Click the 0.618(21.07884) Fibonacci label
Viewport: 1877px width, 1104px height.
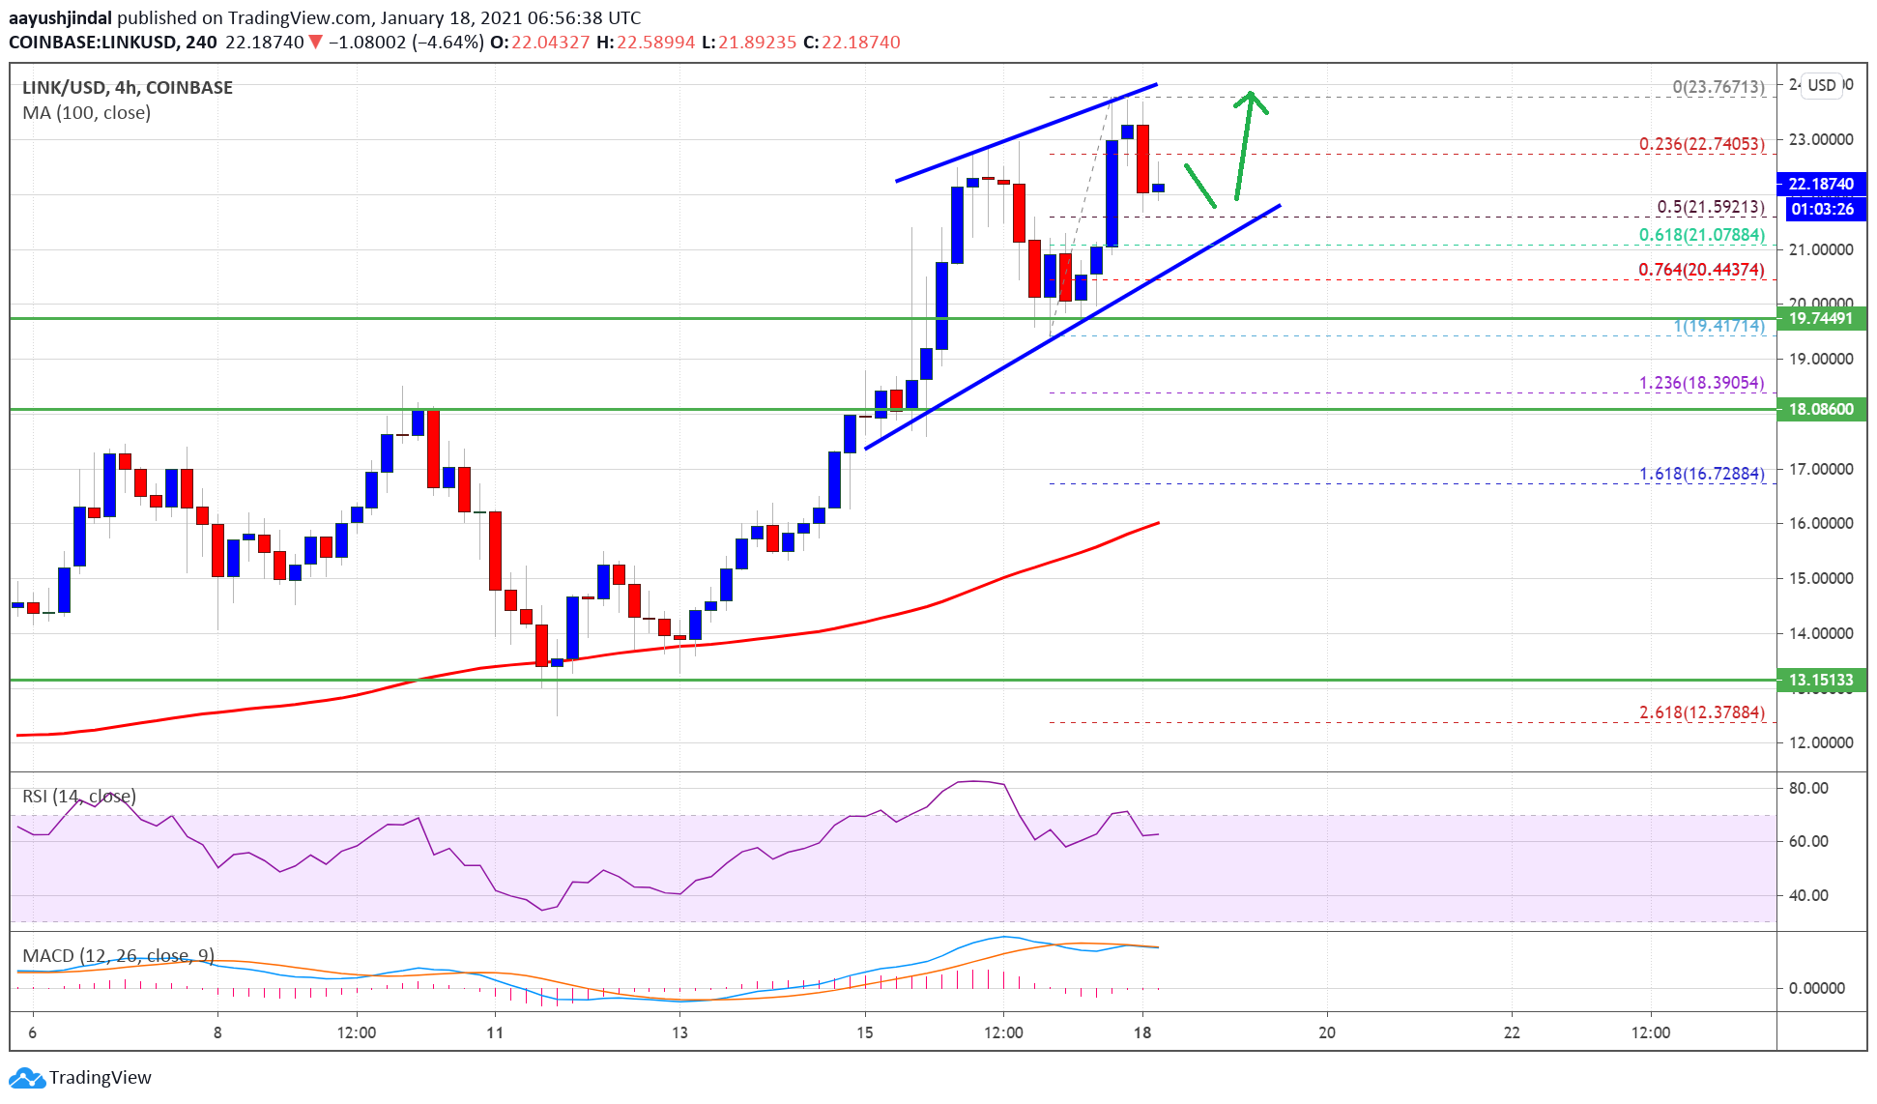point(1701,235)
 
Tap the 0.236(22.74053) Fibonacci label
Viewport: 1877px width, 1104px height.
point(1701,144)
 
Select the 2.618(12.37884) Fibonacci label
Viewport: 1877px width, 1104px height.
point(1701,712)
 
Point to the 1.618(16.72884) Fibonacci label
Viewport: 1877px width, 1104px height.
point(1701,474)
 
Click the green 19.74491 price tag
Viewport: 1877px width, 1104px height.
point(1820,318)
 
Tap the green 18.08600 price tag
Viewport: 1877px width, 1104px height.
point(1820,409)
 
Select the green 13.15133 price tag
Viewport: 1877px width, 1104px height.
point(1820,680)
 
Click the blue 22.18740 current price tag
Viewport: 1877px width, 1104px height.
point(1820,184)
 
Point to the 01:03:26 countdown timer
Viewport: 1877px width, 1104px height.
point(1820,209)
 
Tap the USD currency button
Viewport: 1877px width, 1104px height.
point(1822,85)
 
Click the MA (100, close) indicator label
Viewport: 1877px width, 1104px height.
point(87,113)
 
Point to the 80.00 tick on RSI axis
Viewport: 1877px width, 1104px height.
point(1807,788)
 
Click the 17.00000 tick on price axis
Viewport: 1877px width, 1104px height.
point(1820,469)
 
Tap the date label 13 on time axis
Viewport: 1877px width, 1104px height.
point(679,1032)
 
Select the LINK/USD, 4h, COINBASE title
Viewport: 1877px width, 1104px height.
point(128,88)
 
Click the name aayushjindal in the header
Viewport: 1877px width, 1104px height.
point(60,17)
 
